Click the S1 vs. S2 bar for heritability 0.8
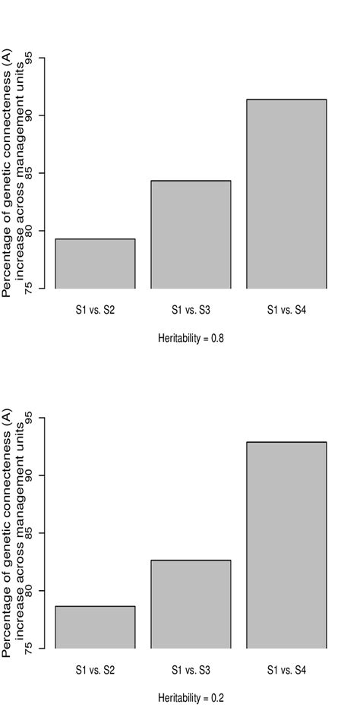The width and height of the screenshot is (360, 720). [x=95, y=264]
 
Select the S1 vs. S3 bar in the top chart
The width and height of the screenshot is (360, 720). [x=191, y=235]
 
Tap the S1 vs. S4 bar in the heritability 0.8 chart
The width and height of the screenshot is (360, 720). [x=286, y=194]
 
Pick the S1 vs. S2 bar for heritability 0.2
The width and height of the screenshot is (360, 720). [x=95, y=627]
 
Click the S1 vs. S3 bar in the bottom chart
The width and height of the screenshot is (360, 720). [x=191, y=605]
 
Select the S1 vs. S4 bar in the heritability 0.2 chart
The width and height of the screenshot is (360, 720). [x=286, y=545]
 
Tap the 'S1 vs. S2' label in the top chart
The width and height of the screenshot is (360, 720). [x=95, y=309]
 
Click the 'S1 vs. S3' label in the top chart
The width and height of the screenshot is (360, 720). [x=191, y=309]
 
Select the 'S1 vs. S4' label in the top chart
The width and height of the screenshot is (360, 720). [x=286, y=309]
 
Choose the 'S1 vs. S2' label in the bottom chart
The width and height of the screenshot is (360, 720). [x=95, y=669]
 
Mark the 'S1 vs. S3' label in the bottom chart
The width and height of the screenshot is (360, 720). [x=191, y=669]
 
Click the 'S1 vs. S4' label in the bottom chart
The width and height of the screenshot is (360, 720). [x=286, y=669]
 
